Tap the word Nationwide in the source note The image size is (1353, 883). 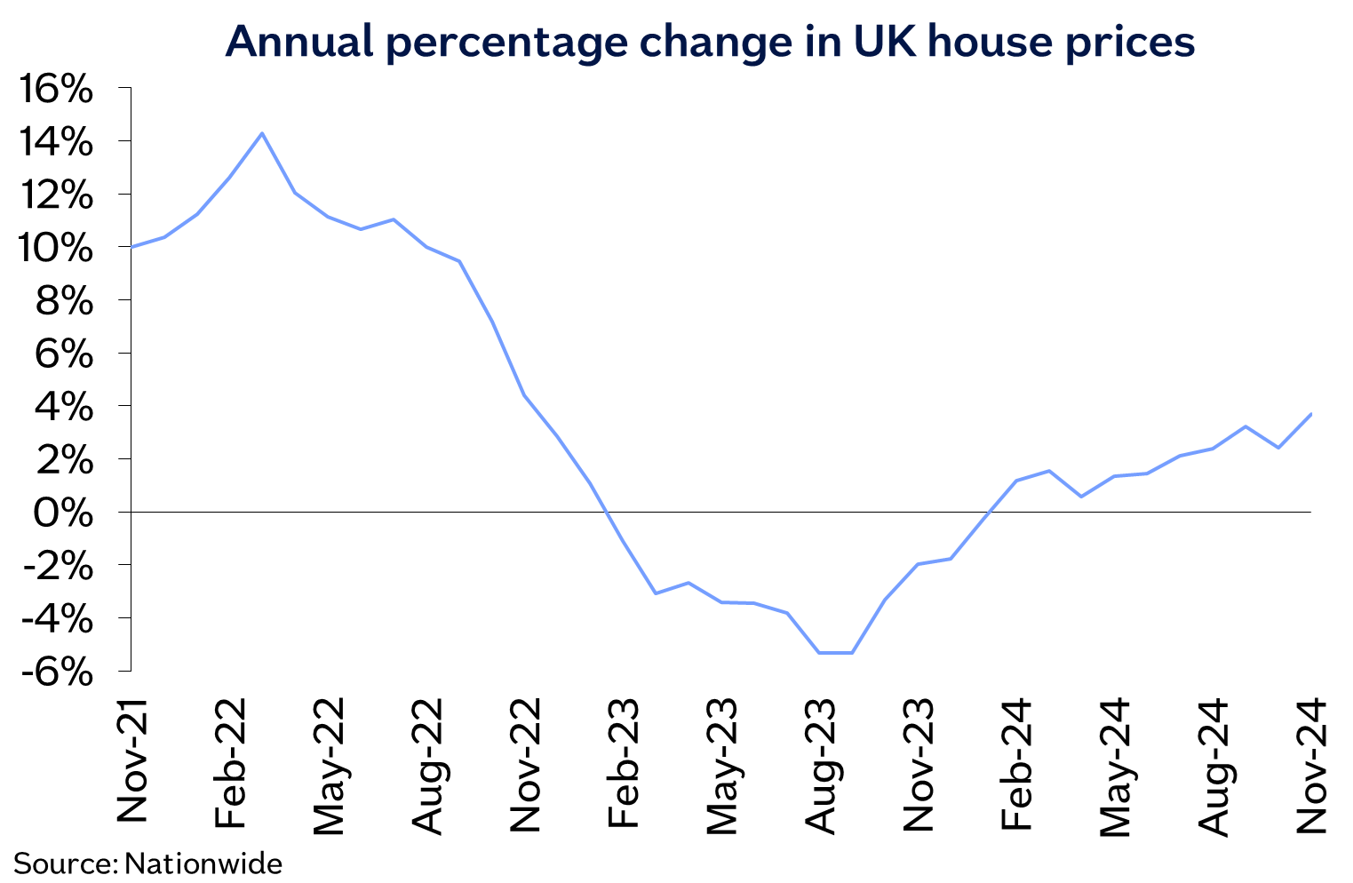[x=203, y=863]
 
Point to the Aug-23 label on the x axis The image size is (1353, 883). [x=820, y=766]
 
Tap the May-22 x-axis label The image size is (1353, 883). [x=329, y=766]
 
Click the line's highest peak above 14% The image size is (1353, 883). [x=262, y=133]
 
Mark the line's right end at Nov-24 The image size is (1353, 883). [x=1311, y=414]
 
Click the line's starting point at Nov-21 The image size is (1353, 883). [x=131, y=247]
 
